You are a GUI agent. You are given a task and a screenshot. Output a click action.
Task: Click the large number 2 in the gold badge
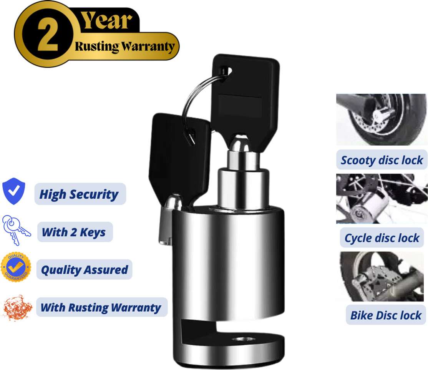click(48, 35)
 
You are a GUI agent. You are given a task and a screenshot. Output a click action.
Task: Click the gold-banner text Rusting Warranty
click(125, 46)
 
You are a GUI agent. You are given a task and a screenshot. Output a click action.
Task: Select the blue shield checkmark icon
click(14, 191)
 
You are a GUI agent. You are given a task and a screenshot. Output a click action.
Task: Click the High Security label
click(79, 194)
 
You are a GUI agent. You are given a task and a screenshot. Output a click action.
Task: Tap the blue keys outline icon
click(16, 230)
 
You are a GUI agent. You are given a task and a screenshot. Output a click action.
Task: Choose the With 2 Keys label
click(74, 232)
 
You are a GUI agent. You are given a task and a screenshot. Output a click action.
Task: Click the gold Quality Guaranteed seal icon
click(16, 267)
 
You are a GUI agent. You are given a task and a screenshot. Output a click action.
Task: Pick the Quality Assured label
click(85, 270)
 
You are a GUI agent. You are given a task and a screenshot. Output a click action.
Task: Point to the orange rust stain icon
click(17, 308)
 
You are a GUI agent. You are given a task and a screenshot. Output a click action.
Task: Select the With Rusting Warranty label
click(101, 307)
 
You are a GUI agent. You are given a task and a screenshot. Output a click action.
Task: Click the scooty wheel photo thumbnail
click(381, 119)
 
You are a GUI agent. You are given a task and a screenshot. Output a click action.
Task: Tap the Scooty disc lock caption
click(382, 160)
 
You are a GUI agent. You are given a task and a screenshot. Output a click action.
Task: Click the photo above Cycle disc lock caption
click(382, 199)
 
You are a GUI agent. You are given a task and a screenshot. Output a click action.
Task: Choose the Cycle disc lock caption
click(382, 238)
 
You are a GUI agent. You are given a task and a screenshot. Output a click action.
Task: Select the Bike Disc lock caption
click(386, 315)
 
